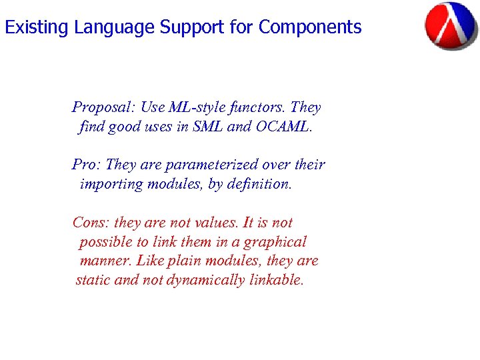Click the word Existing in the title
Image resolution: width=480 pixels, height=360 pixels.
[37, 27]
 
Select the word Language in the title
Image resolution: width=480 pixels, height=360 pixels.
[114, 27]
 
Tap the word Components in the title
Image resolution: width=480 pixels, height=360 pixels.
[310, 27]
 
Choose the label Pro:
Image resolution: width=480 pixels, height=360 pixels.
[87, 165]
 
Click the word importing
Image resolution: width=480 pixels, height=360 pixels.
[111, 184]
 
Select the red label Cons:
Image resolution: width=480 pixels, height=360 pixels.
[91, 223]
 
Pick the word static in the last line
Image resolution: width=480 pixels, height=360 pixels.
[93, 281]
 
